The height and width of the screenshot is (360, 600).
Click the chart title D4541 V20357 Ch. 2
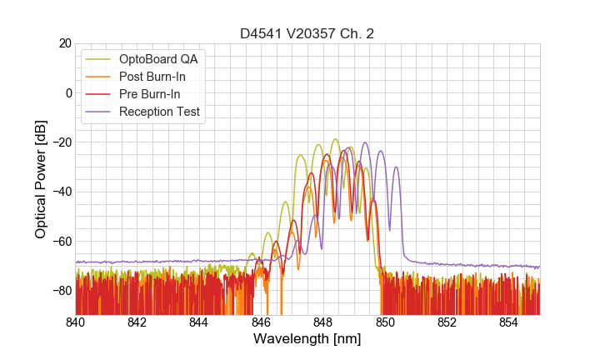coord(307,33)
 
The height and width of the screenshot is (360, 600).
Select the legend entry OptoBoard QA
coord(159,59)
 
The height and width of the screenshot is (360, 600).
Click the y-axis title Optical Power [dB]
coord(41,179)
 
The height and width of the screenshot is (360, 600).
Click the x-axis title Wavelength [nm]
coord(307,339)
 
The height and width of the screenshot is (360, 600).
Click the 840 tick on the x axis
coord(76,322)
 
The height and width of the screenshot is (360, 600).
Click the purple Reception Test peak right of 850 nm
coord(397,167)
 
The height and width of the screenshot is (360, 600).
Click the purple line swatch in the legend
coord(98,112)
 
